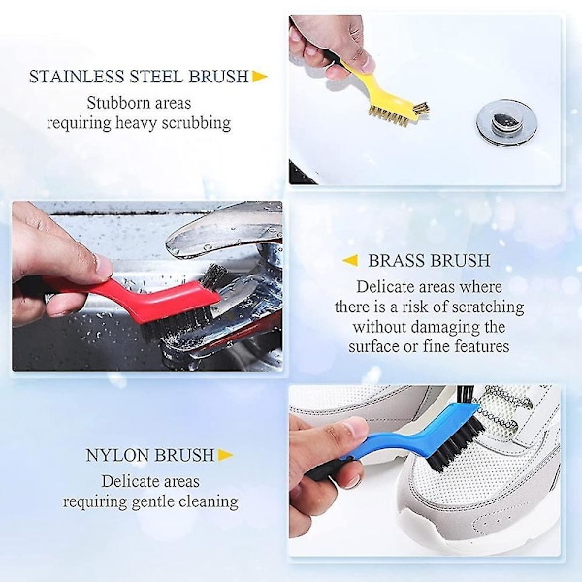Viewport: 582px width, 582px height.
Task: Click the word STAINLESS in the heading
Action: point(77,77)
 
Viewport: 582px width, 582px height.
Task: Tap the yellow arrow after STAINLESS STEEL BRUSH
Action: point(260,77)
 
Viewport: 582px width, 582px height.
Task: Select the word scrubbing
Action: point(196,123)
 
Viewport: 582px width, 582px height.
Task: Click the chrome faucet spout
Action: point(224,229)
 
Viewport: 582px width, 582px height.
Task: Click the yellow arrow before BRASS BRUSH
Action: point(350,260)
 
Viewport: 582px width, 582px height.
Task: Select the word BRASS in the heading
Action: point(396,261)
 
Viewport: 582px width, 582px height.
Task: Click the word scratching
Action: point(483,307)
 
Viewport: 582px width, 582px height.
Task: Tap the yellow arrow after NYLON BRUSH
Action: point(226,455)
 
